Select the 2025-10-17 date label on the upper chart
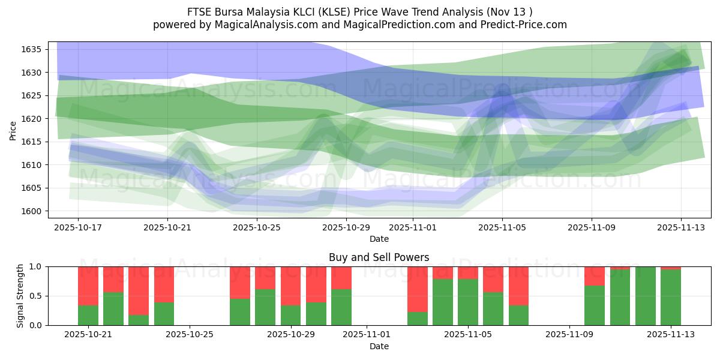[x=78, y=228]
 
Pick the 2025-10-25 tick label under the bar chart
[x=190, y=335]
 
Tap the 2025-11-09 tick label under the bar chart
[x=569, y=335]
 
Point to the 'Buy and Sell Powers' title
[x=379, y=257]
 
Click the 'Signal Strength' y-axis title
[x=20, y=295]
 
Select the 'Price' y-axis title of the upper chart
[x=13, y=130]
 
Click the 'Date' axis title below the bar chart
[x=379, y=346]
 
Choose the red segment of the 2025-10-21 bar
[x=88, y=286]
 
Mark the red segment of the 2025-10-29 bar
[x=290, y=286]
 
